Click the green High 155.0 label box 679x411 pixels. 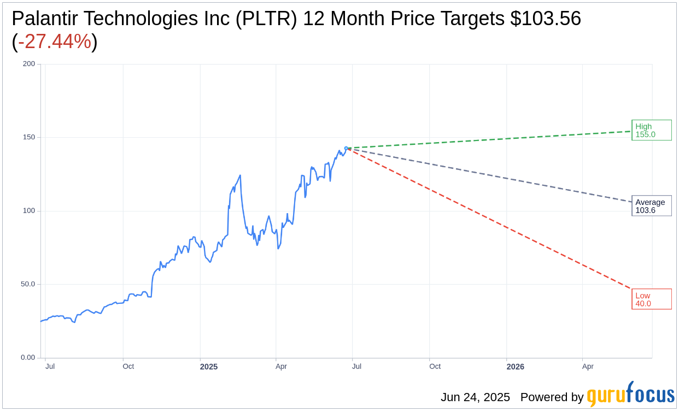(x=651, y=130)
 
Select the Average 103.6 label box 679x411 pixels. (x=651, y=206)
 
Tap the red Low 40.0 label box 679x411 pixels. (x=651, y=300)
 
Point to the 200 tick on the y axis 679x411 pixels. (x=28, y=64)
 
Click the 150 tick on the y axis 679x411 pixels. (x=28, y=137)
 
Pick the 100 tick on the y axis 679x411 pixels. (x=28, y=211)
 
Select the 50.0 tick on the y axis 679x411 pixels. (x=27, y=284)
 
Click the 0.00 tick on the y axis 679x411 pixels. (x=27, y=357)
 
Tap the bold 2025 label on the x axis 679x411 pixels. (x=208, y=367)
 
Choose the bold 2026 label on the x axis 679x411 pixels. (x=515, y=367)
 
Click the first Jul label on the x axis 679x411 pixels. (x=50, y=366)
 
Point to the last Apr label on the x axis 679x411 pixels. (x=588, y=366)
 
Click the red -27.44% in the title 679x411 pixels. (x=55, y=42)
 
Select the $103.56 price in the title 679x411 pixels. (x=545, y=19)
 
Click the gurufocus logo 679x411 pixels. (x=630, y=395)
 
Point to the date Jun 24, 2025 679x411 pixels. (x=475, y=397)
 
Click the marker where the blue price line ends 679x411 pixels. (x=346, y=148)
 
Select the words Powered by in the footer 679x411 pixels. (x=552, y=397)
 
